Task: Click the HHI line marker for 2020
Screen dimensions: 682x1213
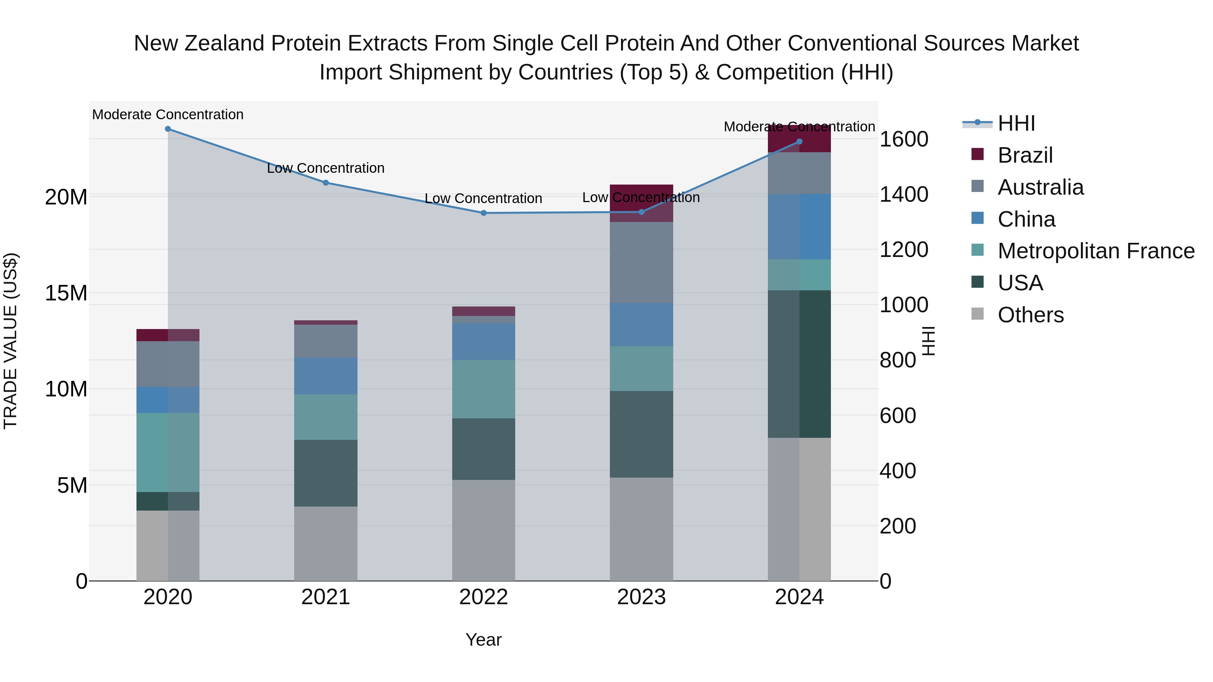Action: tap(168, 129)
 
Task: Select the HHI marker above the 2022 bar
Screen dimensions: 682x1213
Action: tap(483, 213)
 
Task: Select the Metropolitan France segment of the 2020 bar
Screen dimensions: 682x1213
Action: tap(168, 452)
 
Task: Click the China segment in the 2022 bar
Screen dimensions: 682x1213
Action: tap(483, 342)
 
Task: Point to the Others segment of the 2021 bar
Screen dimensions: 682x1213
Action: tap(325, 543)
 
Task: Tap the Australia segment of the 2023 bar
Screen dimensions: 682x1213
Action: tap(641, 262)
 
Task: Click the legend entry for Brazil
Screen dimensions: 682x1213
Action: tap(1025, 155)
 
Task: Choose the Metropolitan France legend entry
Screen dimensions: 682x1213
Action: tap(1096, 251)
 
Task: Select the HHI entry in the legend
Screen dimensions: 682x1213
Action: tap(1016, 123)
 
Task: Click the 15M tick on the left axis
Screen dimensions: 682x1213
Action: tap(66, 293)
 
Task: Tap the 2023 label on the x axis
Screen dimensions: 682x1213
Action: tap(641, 597)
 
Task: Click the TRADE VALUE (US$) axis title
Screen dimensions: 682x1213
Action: tap(10, 341)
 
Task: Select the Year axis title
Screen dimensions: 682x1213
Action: tap(483, 640)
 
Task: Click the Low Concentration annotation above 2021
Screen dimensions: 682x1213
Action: tap(325, 168)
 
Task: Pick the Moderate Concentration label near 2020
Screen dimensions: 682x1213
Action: tap(168, 115)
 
